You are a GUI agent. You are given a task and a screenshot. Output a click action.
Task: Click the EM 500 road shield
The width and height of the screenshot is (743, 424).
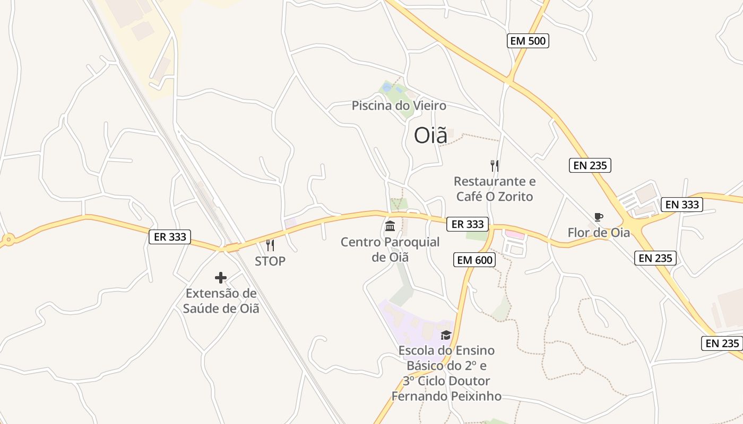pyautogui.click(x=528, y=41)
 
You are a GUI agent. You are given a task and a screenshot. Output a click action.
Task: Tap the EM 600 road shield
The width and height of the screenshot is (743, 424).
pyautogui.click(x=474, y=260)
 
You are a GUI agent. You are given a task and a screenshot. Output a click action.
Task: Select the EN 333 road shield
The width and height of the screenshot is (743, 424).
pyautogui.click(x=682, y=204)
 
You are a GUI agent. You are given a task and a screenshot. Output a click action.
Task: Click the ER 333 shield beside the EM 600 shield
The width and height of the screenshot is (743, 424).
pyautogui.click(x=467, y=224)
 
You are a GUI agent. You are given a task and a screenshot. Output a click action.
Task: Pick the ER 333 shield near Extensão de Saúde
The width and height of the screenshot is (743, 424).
pyautogui.click(x=169, y=236)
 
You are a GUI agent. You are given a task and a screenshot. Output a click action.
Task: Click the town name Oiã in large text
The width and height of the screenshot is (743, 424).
pyautogui.click(x=430, y=136)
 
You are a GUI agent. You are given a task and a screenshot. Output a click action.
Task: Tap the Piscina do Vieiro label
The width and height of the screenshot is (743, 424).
pyautogui.click(x=399, y=105)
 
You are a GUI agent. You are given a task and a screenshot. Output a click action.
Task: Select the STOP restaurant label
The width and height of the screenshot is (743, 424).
pyautogui.click(x=270, y=261)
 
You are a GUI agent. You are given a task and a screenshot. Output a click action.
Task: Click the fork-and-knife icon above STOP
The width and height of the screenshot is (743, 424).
pyautogui.click(x=270, y=245)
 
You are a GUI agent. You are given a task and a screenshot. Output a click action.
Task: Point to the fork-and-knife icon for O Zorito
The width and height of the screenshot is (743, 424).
pyautogui.click(x=495, y=165)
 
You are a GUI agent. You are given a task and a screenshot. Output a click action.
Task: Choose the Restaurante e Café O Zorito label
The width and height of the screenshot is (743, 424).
pyautogui.click(x=495, y=189)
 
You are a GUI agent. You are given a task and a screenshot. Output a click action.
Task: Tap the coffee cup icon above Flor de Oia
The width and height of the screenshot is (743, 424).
pyautogui.click(x=599, y=217)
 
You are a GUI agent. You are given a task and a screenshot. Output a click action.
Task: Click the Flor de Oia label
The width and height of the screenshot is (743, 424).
pyautogui.click(x=599, y=232)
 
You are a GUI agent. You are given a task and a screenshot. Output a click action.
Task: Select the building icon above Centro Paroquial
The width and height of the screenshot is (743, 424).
pyautogui.click(x=390, y=226)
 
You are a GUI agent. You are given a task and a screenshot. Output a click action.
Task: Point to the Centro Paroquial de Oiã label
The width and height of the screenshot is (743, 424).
pyautogui.click(x=390, y=250)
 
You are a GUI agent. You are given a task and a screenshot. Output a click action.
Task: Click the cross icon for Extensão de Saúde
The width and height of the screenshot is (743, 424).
pyautogui.click(x=221, y=277)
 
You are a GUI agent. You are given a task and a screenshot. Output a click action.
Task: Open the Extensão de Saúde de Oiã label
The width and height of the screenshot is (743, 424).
pyautogui.click(x=221, y=301)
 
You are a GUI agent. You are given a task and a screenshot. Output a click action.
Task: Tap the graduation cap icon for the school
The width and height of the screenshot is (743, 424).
pyautogui.click(x=446, y=335)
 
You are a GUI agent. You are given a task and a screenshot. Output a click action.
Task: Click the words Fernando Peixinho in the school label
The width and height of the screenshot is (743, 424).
pyautogui.click(x=446, y=396)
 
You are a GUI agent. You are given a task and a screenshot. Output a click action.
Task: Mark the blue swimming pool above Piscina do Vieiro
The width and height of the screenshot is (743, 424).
pyautogui.click(x=387, y=87)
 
